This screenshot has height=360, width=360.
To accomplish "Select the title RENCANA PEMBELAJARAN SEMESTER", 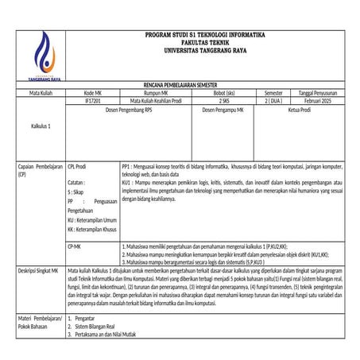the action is tap(185, 83).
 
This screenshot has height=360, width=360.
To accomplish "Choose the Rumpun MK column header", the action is tap(155, 93).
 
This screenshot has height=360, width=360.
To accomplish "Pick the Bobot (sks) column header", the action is tap(224, 93).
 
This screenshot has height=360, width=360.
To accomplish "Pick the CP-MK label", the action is tap(75, 247).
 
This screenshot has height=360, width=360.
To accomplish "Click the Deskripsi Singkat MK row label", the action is tap(39, 270).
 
